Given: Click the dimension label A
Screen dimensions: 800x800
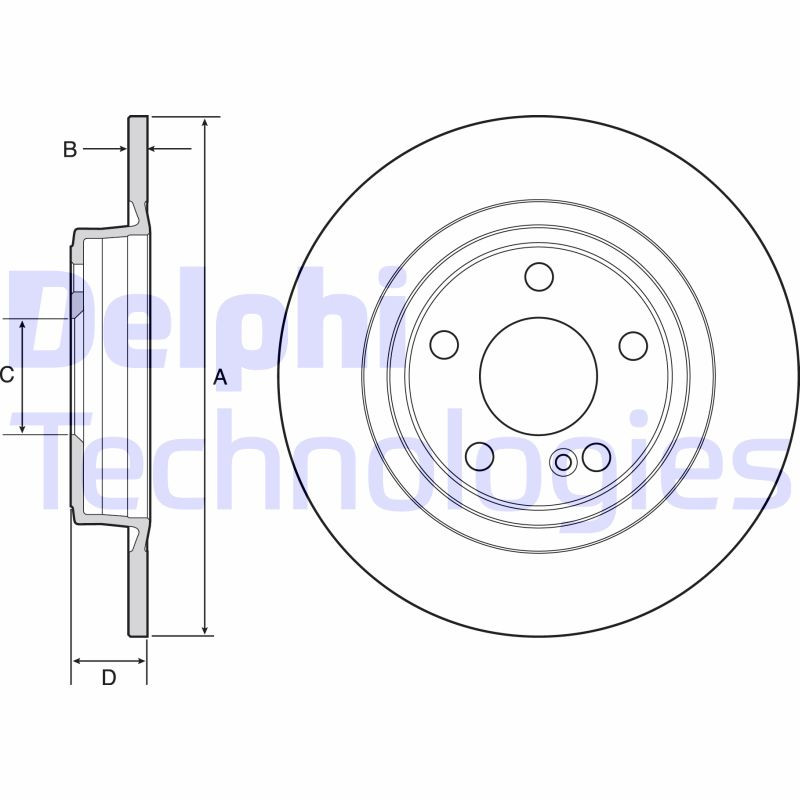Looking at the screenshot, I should coord(221,377).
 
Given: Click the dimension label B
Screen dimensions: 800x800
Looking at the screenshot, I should coord(70,150).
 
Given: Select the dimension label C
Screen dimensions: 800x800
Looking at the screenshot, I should coord(6,375).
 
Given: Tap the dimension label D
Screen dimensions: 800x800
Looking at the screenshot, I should coord(109,677).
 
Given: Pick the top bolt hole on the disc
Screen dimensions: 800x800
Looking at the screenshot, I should coord(539,276).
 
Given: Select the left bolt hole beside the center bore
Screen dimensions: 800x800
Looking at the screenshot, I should coord(444,345).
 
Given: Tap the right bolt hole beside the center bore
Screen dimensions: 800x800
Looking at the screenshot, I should coord(633,345).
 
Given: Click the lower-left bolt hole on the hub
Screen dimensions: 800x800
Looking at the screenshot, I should coord(480,456).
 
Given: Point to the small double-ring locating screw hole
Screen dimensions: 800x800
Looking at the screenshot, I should coord(563,461).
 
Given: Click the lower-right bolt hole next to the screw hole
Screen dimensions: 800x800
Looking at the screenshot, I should coord(596,456).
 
